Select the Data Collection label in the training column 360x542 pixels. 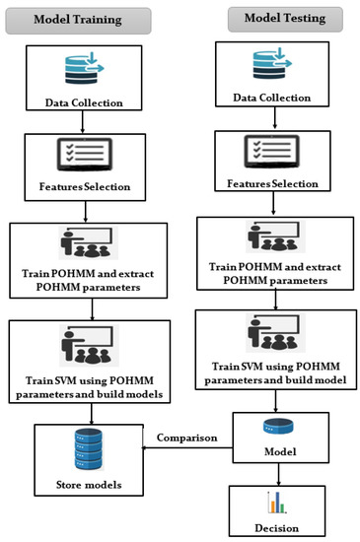pyautogui.click(x=90, y=102)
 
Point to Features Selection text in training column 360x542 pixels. pyautogui.click(x=90, y=186)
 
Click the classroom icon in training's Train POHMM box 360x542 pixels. pyautogui.click(x=90, y=243)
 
